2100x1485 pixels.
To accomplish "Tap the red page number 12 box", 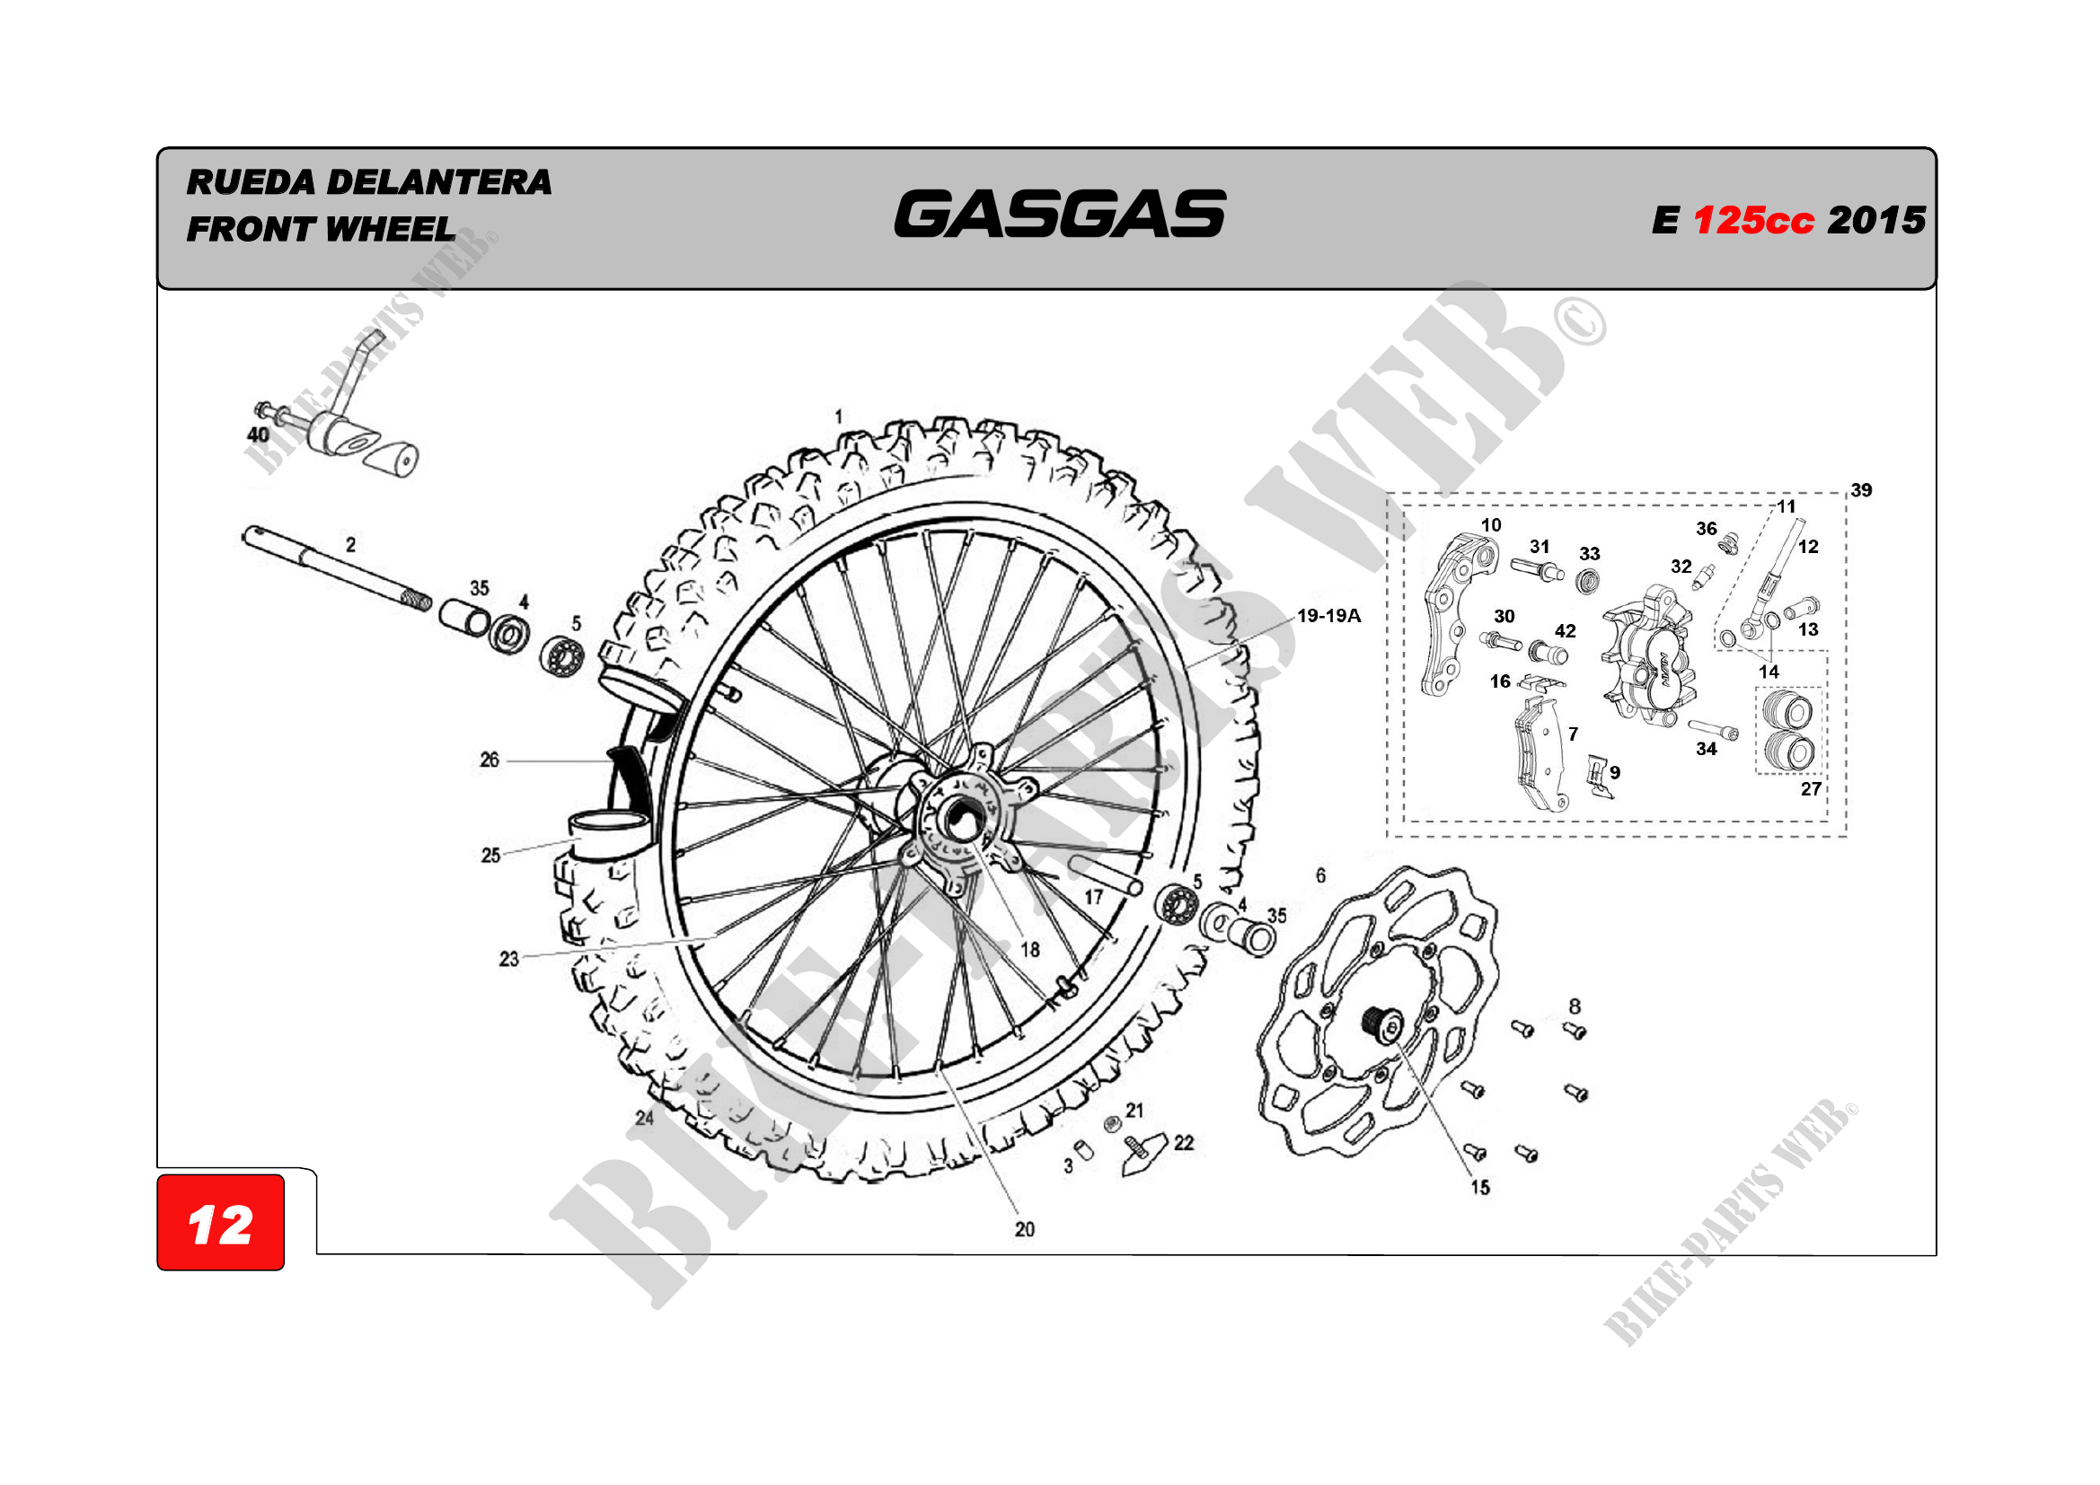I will click(x=220, y=1224).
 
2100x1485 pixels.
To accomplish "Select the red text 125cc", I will click(x=1752, y=220).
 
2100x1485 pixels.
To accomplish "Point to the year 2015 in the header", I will click(x=1876, y=220).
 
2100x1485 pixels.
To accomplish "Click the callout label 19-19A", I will click(x=1328, y=616).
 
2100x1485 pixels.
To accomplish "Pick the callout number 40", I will click(x=258, y=435).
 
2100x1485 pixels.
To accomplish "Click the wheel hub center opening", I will click(x=960, y=818).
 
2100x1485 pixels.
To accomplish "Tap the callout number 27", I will click(x=1811, y=788).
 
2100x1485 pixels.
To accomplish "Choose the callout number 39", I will click(x=1860, y=490).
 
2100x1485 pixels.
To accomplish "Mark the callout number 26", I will click(x=490, y=760).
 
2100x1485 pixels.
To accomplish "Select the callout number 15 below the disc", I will click(x=1480, y=1187).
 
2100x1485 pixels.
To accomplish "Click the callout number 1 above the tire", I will click(x=838, y=417).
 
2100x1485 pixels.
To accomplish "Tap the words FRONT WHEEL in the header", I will click(x=320, y=230).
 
